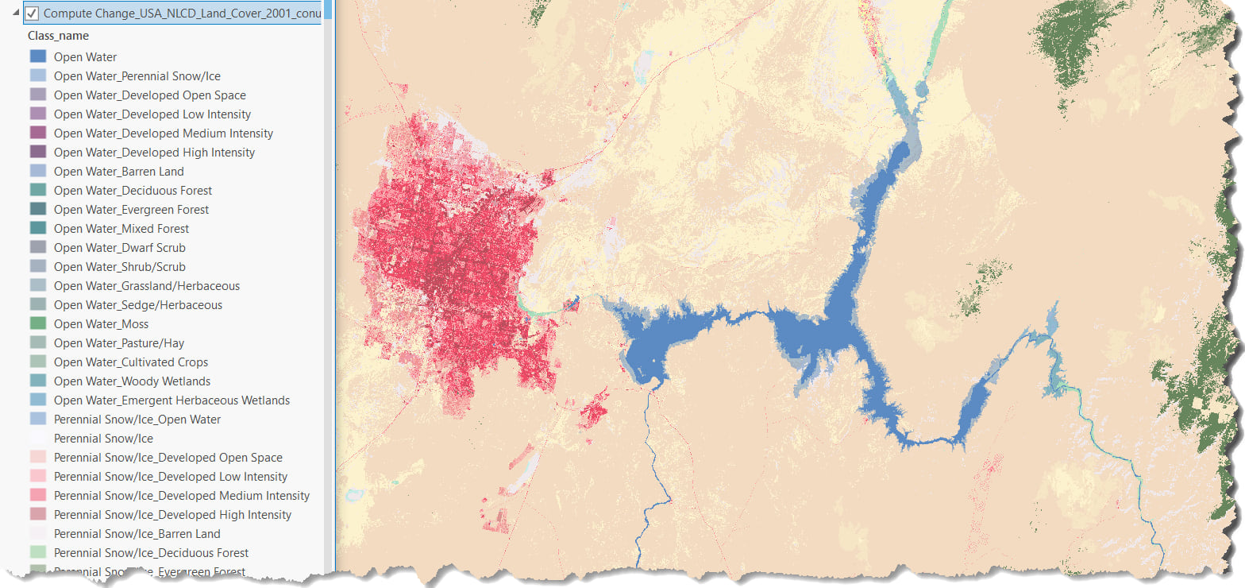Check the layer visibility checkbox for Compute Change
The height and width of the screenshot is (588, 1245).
[32, 14]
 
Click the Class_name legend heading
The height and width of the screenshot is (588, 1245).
[58, 36]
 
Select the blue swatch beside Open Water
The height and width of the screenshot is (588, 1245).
[38, 56]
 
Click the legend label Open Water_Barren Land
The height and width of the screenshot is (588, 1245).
[118, 172]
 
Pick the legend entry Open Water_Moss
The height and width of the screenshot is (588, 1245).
[101, 324]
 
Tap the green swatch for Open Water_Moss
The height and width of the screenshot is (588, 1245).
[38, 323]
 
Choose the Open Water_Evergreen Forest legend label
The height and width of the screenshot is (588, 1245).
[131, 210]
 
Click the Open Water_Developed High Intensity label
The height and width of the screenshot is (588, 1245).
[154, 153]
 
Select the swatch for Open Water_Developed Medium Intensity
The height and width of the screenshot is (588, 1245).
[38, 133]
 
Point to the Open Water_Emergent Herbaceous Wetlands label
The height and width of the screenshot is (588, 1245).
[172, 400]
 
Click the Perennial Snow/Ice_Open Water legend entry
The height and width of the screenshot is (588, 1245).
[137, 420]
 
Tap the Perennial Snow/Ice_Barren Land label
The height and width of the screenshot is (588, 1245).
[137, 534]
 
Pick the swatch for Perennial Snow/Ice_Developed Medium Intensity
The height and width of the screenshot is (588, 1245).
[38, 495]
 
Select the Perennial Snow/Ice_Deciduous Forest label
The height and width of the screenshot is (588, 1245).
[151, 553]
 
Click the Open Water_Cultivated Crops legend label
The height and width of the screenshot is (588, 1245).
[131, 362]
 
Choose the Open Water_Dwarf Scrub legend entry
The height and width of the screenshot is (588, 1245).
[119, 248]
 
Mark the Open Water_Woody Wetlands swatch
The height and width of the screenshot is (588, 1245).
[38, 381]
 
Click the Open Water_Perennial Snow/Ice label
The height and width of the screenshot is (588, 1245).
[137, 76]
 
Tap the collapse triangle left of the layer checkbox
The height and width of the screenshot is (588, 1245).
[16, 12]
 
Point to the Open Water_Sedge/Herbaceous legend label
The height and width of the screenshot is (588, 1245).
[138, 305]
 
